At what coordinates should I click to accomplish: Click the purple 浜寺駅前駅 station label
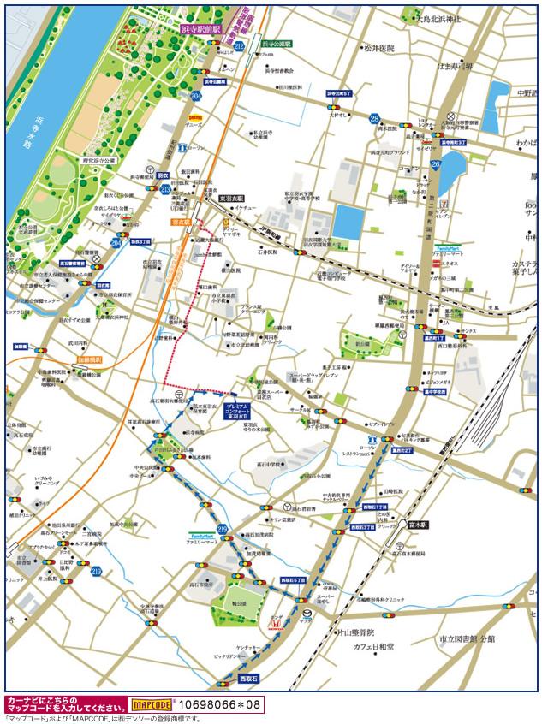(200, 28)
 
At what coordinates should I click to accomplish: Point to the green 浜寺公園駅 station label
(277, 42)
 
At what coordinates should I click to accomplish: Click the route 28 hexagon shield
(374, 118)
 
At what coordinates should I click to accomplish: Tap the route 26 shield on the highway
(436, 163)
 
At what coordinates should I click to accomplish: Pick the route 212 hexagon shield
(239, 45)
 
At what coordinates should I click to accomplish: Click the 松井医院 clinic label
(378, 49)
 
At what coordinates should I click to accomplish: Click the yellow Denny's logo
(194, 117)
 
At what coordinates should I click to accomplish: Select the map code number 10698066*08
(217, 704)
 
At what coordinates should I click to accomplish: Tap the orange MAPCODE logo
(152, 704)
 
